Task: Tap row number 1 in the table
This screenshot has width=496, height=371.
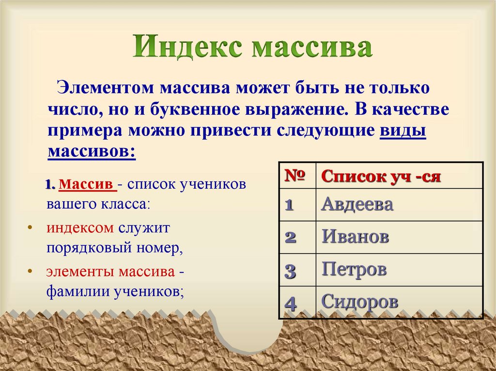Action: coord(290,205)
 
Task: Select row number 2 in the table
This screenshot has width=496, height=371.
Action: coord(291,237)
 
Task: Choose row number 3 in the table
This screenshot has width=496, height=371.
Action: coord(291,270)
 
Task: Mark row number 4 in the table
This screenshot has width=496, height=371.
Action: coord(291,303)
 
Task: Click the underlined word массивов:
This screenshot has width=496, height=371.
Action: coord(92,152)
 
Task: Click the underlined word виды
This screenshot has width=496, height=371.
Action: coord(403,131)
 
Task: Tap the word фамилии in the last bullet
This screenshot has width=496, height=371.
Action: coord(72,292)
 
